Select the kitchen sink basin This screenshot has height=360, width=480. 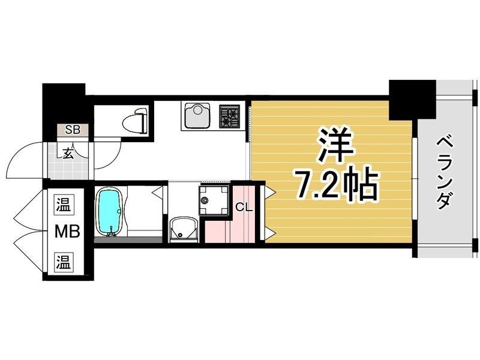196,115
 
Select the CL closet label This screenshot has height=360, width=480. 243,208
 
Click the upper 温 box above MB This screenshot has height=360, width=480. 64,204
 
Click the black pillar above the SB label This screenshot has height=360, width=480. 63,103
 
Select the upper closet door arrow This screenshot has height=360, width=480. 269,192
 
